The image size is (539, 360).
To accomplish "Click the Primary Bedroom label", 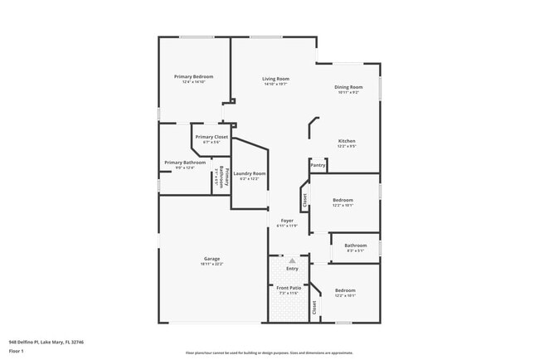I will (x=189, y=76).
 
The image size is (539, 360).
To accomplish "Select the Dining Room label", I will (x=348, y=87).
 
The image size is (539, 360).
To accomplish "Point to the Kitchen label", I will (x=347, y=141).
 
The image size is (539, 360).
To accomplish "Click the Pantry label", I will (x=318, y=165).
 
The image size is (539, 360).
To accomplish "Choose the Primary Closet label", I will (x=211, y=137).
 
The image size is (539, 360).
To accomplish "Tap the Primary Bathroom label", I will (x=184, y=163).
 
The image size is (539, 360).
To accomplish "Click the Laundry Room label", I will (x=249, y=173).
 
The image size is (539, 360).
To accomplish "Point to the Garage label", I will (x=211, y=259).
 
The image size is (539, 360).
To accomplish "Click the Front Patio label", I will (x=288, y=288).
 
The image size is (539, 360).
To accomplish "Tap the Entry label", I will (x=292, y=268).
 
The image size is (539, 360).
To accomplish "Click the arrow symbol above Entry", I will (x=292, y=260).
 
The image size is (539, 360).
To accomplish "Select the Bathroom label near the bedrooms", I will (x=356, y=245).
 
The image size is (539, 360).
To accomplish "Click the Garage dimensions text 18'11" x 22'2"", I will (x=211, y=264).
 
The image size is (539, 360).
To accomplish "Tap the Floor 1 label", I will (x=17, y=350).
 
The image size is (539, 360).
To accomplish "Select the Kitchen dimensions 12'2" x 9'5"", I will (x=347, y=146).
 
